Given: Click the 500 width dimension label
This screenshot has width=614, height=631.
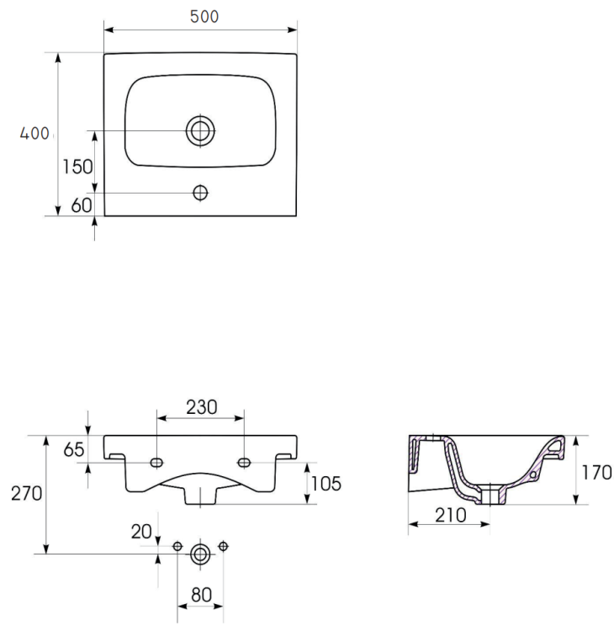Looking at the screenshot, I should [201, 17].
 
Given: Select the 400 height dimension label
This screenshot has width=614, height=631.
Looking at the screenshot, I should [35, 133].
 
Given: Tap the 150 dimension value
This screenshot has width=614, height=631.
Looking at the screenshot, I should [77, 166].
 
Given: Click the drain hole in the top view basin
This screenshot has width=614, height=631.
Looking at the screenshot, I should [200, 130].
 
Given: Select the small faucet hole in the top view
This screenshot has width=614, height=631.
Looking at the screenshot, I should [200, 193].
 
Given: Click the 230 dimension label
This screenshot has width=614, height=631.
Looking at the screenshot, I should [201, 406].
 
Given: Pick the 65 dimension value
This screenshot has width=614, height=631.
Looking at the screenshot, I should [74, 450].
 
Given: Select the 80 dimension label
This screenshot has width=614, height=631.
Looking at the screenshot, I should [200, 595].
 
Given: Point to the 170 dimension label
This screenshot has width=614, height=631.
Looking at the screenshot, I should [596, 472].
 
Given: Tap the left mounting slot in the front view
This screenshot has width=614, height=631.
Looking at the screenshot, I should [156, 463].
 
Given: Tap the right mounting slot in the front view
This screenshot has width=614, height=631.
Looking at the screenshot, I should [245, 462].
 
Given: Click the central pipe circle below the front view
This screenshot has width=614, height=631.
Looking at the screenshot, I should [200, 554].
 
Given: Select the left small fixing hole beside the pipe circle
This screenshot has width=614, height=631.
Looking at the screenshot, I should [177, 547].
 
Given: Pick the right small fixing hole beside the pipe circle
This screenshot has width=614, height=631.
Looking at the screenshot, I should [223, 547].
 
